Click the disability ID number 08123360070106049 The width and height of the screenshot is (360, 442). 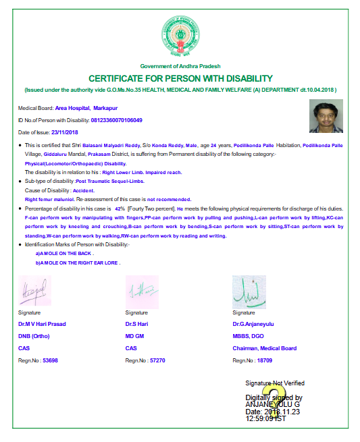click(116, 120)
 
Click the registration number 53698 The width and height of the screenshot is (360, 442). click(50, 361)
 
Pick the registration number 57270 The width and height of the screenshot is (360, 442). click(157, 361)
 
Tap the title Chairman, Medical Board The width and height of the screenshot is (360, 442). click(264, 348)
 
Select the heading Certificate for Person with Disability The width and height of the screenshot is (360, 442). click(180, 79)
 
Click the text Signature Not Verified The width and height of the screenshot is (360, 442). click(274, 383)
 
